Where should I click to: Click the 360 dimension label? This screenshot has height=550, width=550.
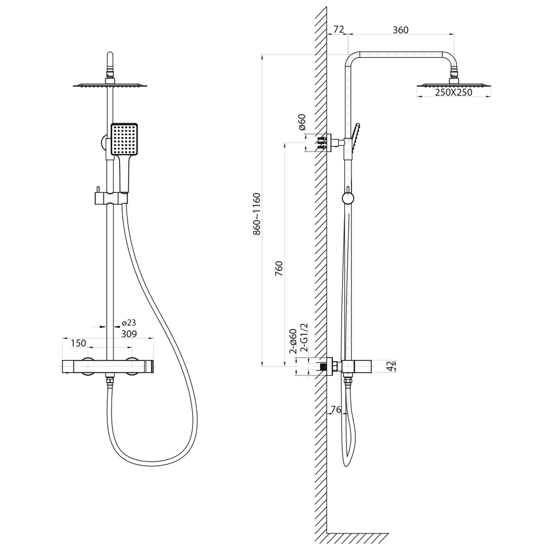click(x=400, y=30)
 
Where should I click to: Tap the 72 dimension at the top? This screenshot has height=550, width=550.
click(x=338, y=30)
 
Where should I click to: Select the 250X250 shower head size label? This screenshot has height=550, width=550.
click(x=454, y=92)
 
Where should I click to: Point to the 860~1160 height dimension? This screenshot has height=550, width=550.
click(x=257, y=213)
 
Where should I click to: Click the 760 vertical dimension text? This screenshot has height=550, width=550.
click(x=279, y=268)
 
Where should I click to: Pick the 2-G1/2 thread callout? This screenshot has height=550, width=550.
click(x=304, y=338)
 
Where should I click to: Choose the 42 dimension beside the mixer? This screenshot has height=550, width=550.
click(x=391, y=366)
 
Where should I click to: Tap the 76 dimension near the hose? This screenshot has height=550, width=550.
click(x=335, y=409)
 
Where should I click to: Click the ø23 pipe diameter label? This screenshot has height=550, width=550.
click(x=129, y=323)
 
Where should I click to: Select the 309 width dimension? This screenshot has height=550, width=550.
click(x=129, y=334)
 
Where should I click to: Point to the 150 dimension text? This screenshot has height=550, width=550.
click(x=78, y=343)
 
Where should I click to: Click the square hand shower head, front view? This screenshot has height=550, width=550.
click(x=124, y=139)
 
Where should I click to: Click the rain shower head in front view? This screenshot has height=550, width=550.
click(x=110, y=85)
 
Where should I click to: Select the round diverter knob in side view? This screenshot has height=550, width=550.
click(x=348, y=198)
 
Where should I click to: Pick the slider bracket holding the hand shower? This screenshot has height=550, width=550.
click(x=111, y=198)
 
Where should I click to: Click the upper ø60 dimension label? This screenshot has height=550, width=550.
click(x=302, y=123)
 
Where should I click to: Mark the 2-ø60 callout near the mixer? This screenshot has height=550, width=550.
click(x=293, y=340)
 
